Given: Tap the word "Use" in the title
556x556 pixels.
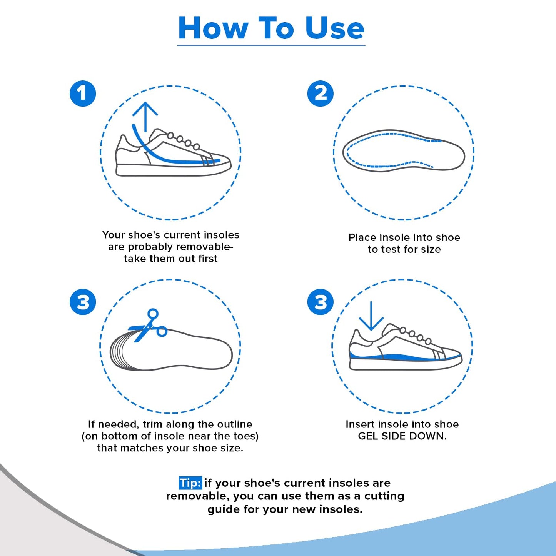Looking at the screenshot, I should pos(334,28).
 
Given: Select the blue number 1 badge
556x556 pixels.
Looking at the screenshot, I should pos(83,94).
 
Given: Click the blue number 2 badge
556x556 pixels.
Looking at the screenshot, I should pos(320,94).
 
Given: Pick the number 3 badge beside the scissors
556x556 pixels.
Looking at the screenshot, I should pos(83,302).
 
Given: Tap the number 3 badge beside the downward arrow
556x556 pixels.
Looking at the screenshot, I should pos(320,302).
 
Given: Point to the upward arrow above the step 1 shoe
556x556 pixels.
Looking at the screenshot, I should pos(145,115).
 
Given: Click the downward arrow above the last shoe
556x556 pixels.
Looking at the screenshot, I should pos(371,316).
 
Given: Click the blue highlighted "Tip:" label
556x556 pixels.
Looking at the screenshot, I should pos(190,483).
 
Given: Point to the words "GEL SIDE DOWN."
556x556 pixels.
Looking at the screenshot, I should pos(402,436).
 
